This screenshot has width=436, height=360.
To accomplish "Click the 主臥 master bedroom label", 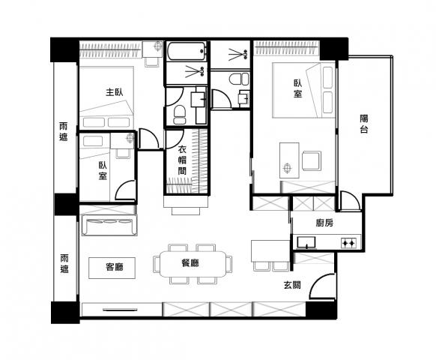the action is (x=115, y=92).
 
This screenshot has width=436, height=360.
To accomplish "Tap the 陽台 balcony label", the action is (x=364, y=124).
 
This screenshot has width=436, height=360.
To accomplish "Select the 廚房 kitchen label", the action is (x=324, y=223).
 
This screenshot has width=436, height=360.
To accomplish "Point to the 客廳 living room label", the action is (x=115, y=267).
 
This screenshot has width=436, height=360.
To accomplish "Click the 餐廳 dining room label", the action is (x=190, y=263).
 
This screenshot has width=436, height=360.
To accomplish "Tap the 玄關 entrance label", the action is (x=292, y=285).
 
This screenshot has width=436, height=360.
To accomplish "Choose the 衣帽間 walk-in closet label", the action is (x=182, y=160).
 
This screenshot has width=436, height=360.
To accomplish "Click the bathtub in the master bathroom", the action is (x=187, y=51).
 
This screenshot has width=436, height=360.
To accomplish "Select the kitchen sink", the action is (x=306, y=242).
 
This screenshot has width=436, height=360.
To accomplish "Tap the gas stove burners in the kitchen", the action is (x=348, y=243).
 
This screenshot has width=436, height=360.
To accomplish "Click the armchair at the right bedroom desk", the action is (x=312, y=160).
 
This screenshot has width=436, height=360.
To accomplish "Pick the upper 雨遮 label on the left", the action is (x=64, y=131).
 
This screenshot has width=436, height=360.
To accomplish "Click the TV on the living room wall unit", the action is (x=120, y=309).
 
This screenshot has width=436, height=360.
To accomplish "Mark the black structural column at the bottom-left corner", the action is (x=65, y=313).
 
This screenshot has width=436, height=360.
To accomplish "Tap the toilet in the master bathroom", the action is (x=180, y=115).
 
